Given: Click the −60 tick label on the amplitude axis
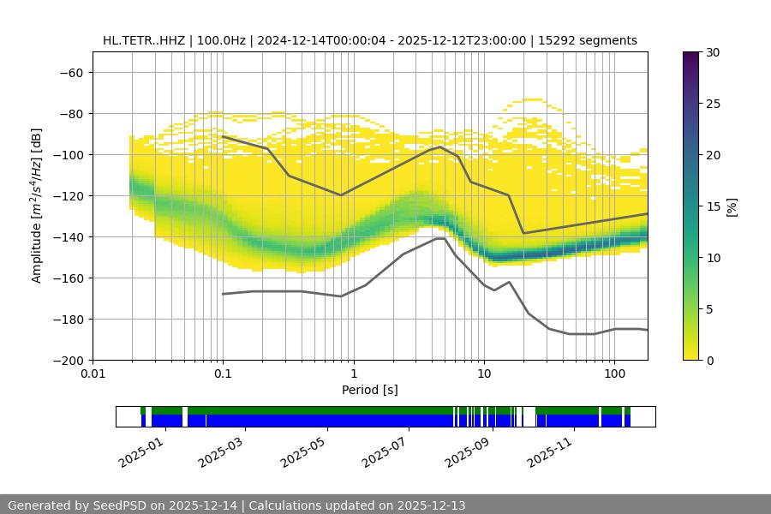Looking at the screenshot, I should click(70, 73).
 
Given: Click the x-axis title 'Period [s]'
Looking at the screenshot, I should click(370, 391).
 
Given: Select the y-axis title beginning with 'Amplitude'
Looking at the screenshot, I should click(37, 206).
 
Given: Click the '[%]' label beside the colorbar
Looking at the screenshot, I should click(732, 206).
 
